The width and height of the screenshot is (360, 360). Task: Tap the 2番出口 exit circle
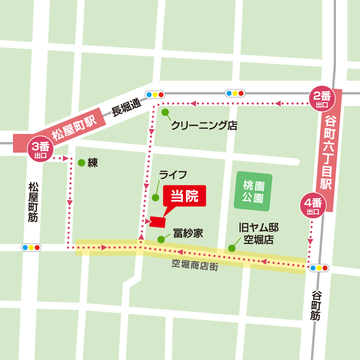pos(321,100)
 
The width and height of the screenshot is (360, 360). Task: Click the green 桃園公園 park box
pos(253,191)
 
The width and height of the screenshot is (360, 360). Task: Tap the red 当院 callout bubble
pos(185,196)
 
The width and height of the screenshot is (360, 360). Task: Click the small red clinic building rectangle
pos(157,222)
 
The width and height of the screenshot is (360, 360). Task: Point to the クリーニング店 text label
pos(204,126)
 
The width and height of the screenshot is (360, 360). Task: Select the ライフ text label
pos(173,175)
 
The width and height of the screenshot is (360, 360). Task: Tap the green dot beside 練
pos(81,163)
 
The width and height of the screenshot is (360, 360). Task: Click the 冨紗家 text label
pos(188,234)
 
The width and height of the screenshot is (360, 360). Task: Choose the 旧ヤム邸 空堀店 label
pos(259,233)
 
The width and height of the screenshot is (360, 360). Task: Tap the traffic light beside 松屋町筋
pos(31,248)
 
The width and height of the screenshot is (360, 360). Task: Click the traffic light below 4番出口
pos(319,268)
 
